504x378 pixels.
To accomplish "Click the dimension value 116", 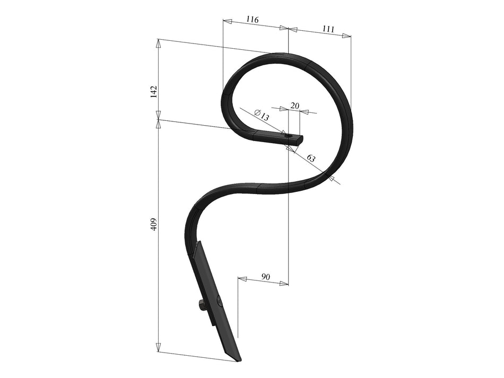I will coord(252,20).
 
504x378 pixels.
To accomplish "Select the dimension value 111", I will coord(328,29).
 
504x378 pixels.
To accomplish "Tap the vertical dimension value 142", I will coord(153,91).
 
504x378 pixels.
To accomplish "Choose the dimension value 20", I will coord(295,106).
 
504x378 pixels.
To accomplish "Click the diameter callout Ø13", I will coord(262,115).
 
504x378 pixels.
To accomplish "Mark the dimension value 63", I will coord(311,159).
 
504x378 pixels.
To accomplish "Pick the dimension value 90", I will coord(266,277).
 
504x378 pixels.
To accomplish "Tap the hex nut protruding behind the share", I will coord(202,305).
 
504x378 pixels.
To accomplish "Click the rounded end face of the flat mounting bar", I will coord(301,139).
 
